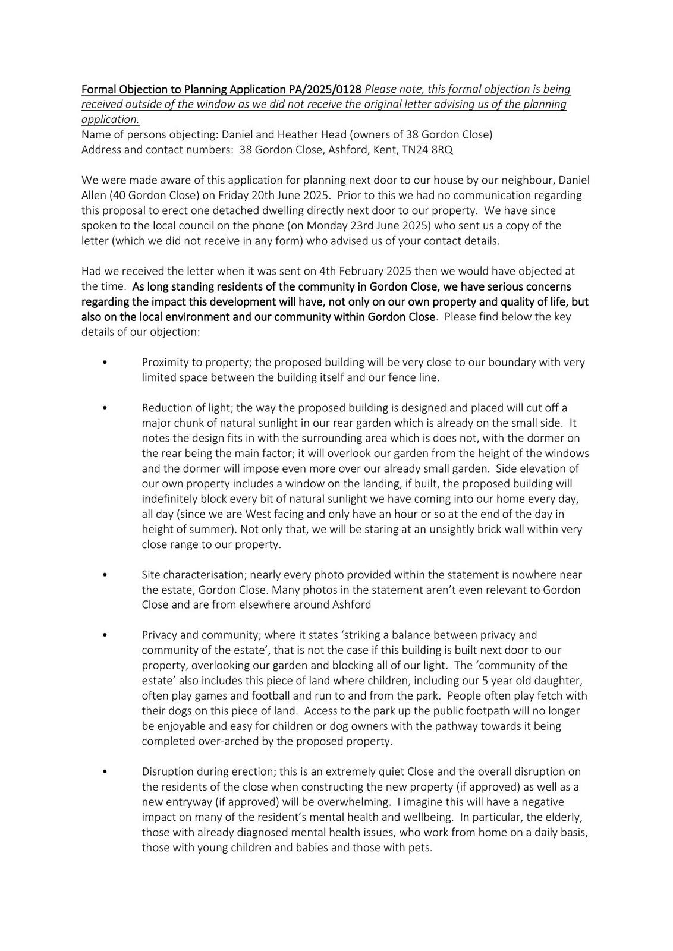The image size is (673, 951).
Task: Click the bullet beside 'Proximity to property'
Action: [105, 362]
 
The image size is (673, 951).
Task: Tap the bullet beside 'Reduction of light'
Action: [105, 408]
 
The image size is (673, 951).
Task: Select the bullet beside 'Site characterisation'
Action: [105, 575]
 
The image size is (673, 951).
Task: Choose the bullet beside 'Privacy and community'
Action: [105, 635]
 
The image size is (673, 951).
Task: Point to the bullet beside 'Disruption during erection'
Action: [105, 771]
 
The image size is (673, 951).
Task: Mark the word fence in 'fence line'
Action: [398, 377]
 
